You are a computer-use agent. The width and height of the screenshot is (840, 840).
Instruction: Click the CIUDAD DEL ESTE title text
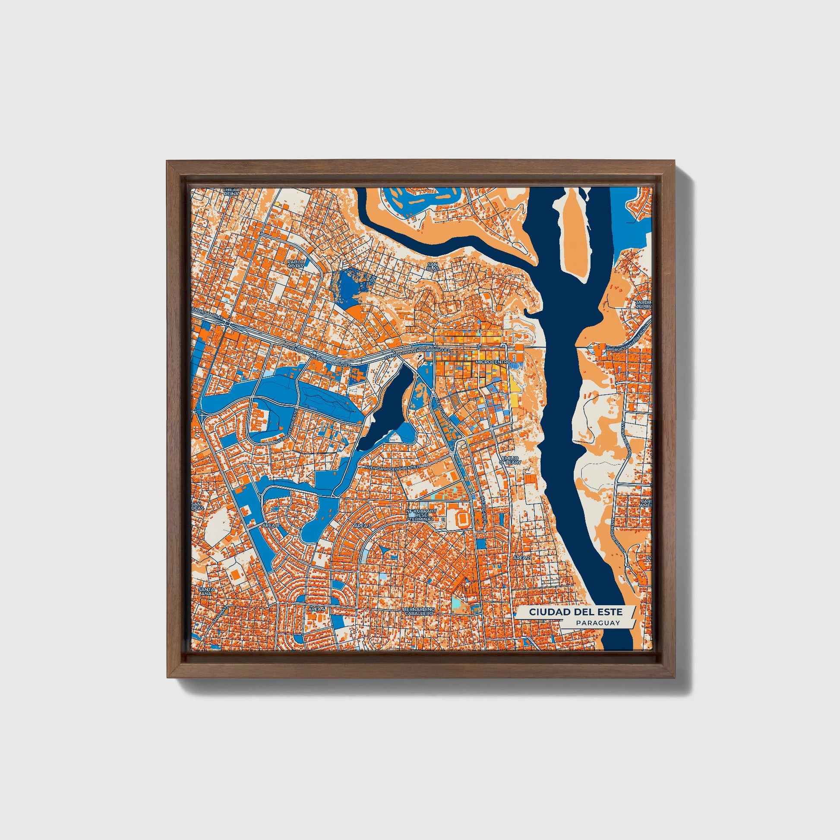(x=575, y=612)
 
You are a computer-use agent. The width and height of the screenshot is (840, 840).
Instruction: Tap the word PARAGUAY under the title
(x=598, y=623)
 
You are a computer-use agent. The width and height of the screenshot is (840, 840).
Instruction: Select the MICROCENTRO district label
(x=493, y=362)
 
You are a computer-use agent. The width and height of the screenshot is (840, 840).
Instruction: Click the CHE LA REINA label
(x=230, y=192)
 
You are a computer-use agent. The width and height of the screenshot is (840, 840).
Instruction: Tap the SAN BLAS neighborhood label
(x=433, y=265)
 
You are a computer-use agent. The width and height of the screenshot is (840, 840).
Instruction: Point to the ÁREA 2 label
(x=521, y=557)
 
